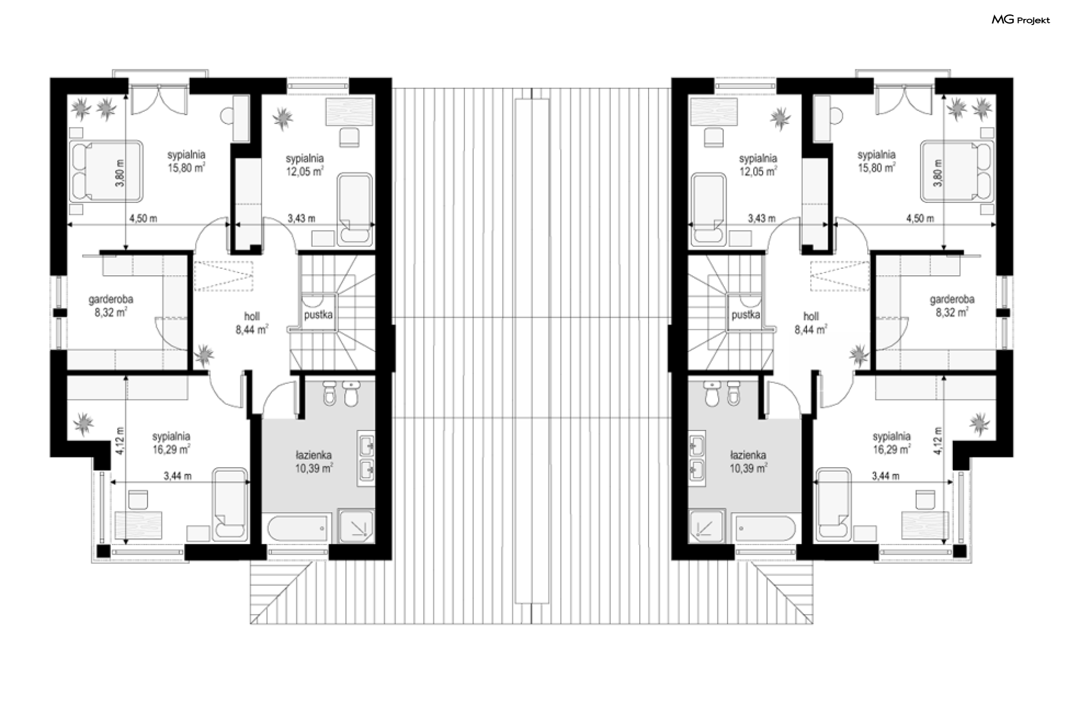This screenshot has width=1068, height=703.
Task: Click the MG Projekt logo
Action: pyautogui.click(x=1021, y=20)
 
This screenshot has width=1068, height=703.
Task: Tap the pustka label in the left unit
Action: pyautogui.click(x=318, y=315)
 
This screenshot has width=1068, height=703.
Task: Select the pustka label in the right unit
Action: pyautogui.click(x=745, y=315)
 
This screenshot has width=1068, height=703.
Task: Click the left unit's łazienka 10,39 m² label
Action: pyautogui.click(x=314, y=462)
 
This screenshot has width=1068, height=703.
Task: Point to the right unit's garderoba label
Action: pyautogui.click(x=952, y=300)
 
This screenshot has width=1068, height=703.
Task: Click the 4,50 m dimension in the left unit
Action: pyautogui.click(x=143, y=219)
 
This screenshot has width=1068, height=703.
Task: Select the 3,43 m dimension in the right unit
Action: pyautogui.click(x=762, y=219)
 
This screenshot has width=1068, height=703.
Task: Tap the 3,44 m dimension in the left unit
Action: pyautogui.click(x=177, y=476)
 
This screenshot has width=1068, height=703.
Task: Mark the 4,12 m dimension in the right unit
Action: pyautogui.click(x=938, y=441)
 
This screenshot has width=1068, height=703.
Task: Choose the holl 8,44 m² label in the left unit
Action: pyautogui.click(x=252, y=323)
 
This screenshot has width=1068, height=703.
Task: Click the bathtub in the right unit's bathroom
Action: pyautogui.click(x=768, y=528)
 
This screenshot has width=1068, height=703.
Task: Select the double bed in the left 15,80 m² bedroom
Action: pyautogui.click(x=106, y=171)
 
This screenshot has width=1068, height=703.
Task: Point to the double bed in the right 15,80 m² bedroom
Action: pyautogui.click(x=957, y=171)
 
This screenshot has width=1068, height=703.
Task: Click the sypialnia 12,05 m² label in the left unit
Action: pyautogui.click(x=304, y=165)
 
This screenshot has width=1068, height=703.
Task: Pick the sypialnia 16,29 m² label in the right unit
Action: pyautogui.click(x=891, y=443)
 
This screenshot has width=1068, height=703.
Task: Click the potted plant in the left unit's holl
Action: pyautogui.click(x=204, y=354)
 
